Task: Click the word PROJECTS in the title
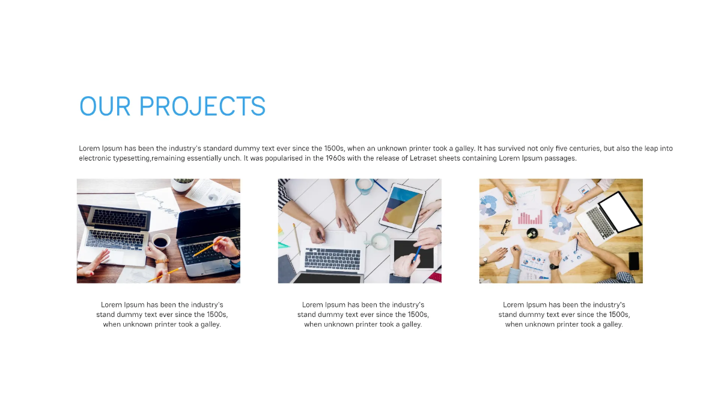(202, 106)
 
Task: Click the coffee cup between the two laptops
(160, 242)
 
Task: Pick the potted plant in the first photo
(183, 184)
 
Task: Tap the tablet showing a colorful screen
(402, 207)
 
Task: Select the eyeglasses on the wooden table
(505, 226)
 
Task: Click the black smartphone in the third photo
(634, 260)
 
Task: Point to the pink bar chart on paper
(530, 217)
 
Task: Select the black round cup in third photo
(531, 233)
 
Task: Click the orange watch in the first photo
(161, 262)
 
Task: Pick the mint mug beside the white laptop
(379, 242)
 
